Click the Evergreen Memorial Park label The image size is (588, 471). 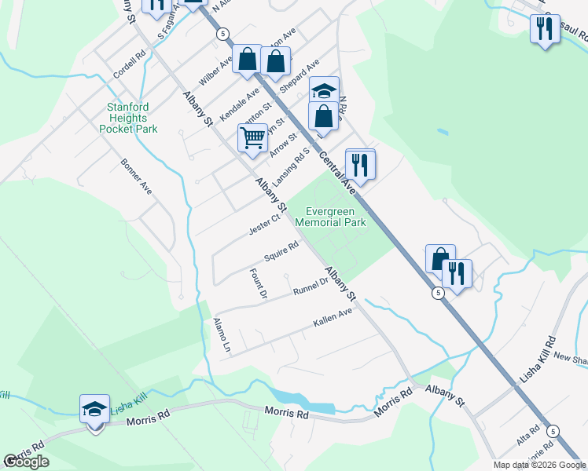(x=330, y=217)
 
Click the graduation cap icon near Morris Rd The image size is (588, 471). (x=94, y=409)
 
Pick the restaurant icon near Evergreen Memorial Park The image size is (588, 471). (x=360, y=164)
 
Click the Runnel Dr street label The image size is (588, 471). (x=310, y=287)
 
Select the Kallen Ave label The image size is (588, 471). (x=333, y=316)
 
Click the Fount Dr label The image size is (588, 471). (x=259, y=283)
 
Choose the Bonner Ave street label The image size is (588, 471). (x=136, y=177)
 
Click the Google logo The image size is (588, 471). (x=26, y=462)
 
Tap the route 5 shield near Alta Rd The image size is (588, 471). (x=553, y=431)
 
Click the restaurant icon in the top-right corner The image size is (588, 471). (x=544, y=29)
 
